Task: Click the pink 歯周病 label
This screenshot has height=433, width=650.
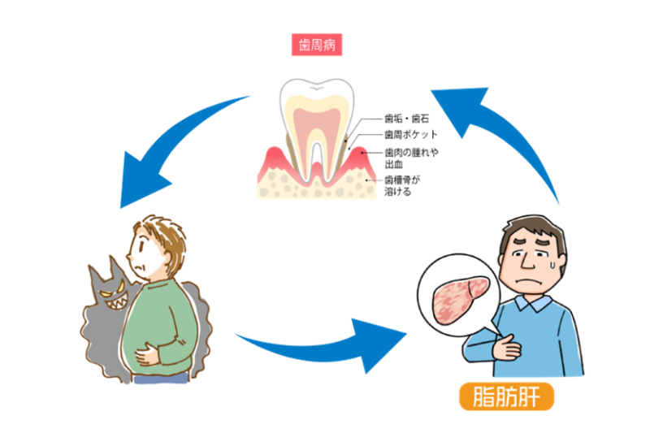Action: coord(317,45)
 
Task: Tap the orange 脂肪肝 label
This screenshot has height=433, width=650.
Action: coord(506,396)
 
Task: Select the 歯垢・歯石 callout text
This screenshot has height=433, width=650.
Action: coord(407,119)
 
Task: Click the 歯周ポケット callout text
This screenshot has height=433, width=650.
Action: coord(411,135)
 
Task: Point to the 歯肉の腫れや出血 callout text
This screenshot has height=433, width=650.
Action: coord(411,158)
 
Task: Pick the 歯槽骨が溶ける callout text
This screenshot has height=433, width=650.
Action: coord(402,186)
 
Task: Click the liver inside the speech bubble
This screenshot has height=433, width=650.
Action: coord(461,299)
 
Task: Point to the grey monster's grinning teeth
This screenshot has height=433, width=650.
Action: coord(115,304)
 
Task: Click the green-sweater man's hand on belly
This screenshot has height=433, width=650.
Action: coord(147,354)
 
